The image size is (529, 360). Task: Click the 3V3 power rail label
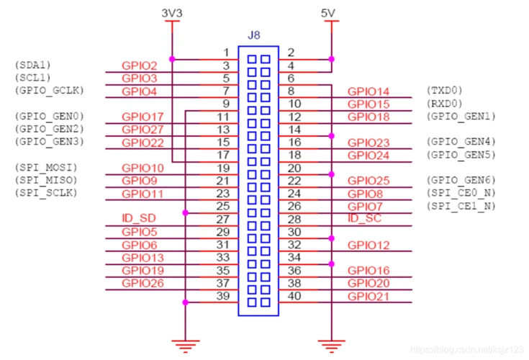tap(171, 12)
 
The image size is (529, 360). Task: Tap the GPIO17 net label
tap(143, 117)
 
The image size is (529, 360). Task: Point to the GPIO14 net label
tap(368, 91)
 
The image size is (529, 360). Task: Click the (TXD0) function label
tap(445, 91)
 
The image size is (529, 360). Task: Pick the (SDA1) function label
tap(32, 65)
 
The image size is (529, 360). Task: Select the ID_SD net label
tap(139, 217)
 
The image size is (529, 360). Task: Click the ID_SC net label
tap(363, 218)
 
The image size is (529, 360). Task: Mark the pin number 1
tap(225, 53)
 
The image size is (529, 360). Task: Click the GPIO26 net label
tap(143, 283)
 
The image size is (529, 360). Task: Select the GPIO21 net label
tap(368, 297)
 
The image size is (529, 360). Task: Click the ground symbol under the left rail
tap(186, 346)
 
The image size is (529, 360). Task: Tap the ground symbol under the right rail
tap(330, 346)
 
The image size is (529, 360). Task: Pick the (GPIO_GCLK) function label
tap(48, 91)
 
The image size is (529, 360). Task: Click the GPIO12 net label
tap(368, 246)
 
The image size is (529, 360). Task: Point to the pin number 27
tap(223, 220)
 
